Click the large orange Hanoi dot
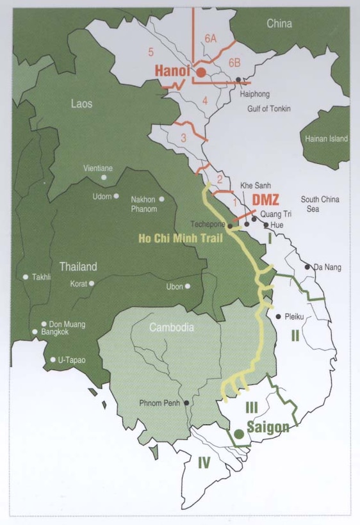[201, 73]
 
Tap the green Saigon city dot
[238, 434]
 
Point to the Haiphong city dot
[238, 80]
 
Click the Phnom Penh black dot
[186, 403]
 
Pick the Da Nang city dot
[307, 266]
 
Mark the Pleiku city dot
[277, 316]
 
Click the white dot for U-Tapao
[52, 360]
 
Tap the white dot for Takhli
[26, 277]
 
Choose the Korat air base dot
[92, 282]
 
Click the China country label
[279, 24]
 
